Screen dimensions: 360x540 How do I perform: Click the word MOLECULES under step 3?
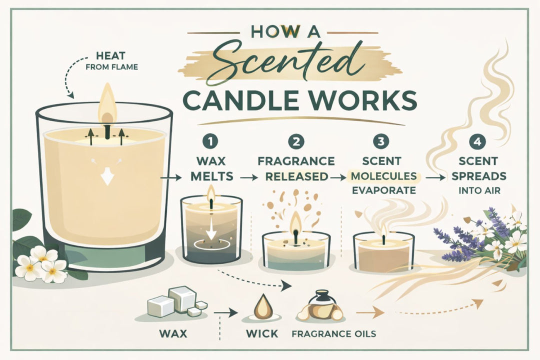point(383,177)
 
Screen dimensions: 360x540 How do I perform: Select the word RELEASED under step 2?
point(297,177)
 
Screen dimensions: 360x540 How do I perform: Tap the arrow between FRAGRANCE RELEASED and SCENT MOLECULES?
point(339,177)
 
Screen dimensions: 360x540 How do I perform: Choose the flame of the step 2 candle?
point(296,222)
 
